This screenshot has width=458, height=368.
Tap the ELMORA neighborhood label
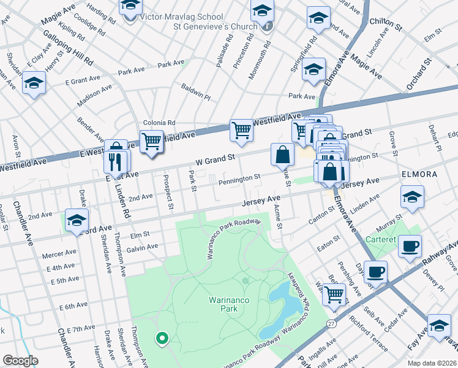pos(419,174)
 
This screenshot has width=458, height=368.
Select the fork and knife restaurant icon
pos(117,162)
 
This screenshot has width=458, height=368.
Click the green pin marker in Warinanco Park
pos(162,337)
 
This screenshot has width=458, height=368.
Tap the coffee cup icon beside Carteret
pos(410,247)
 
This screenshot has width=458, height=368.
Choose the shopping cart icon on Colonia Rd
pos(151,142)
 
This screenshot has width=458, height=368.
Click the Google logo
pos(20,361)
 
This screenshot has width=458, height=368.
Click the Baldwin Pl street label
pos(195,93)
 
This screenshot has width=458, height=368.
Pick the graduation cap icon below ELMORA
pos(412,198)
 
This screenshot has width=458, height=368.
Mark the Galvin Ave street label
pos(143,247)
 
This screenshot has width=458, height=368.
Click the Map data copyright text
pos(431,362)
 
